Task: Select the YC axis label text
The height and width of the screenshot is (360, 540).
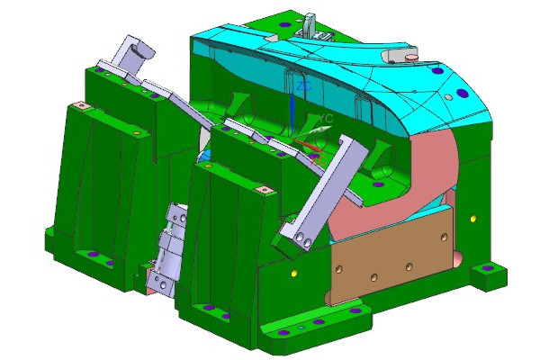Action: pos(328,118)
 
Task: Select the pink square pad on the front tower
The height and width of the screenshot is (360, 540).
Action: pos(265,190)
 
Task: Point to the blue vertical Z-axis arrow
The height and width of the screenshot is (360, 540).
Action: pos(293,112)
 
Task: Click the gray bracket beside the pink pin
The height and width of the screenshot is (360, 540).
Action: pos(393,56)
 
